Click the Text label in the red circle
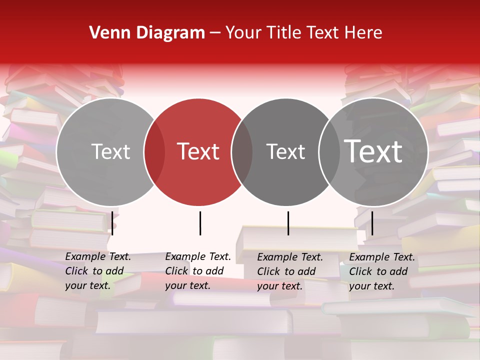tap(198, 151)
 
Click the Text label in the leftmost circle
tap(110, 151)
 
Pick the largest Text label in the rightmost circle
tap(373, 151)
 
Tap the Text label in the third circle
tap(286, 151)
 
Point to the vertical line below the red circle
tap(200, 223)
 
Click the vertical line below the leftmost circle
tap(112, 223)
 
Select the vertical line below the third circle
tap(288, 223)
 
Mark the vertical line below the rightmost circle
tap(372, 223)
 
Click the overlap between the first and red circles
tap(154, 151)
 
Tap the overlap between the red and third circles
tap(242, 151)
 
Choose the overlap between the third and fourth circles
tap(329, 151)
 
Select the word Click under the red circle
tap(176, 271)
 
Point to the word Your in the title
tap(243, 33)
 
